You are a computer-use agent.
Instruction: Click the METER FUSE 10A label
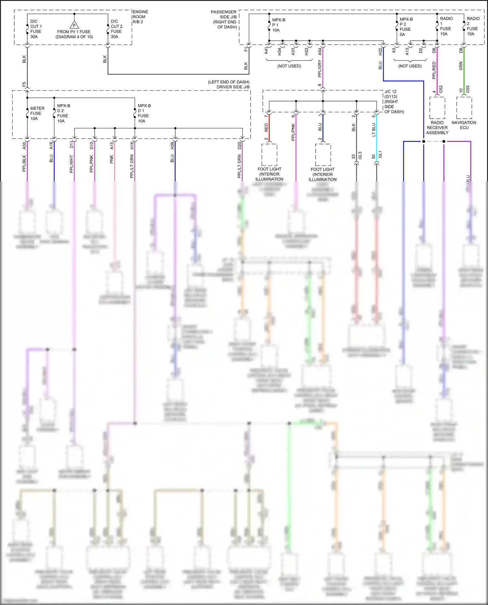tap(37, 113)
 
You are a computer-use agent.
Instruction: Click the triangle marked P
tap(74, 25)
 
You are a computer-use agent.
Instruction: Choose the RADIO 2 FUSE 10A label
tap(472, 26)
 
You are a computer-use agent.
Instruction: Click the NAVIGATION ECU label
tap(464, 125)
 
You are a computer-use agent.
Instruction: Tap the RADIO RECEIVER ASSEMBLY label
tap(437, 128)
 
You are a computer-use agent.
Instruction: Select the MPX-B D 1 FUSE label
tap(144, 113)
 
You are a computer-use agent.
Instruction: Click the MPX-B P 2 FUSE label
tap(406, 27)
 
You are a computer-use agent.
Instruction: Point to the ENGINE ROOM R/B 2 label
tap(140, 17)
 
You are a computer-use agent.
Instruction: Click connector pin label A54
tap(319, 51)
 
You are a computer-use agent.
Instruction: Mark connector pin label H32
tap(380, 51)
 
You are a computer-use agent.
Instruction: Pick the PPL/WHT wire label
tap(71, 164)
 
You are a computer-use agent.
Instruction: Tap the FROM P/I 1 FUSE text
tap(74, 32)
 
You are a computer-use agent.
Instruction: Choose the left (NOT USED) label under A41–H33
tap(289, 66)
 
